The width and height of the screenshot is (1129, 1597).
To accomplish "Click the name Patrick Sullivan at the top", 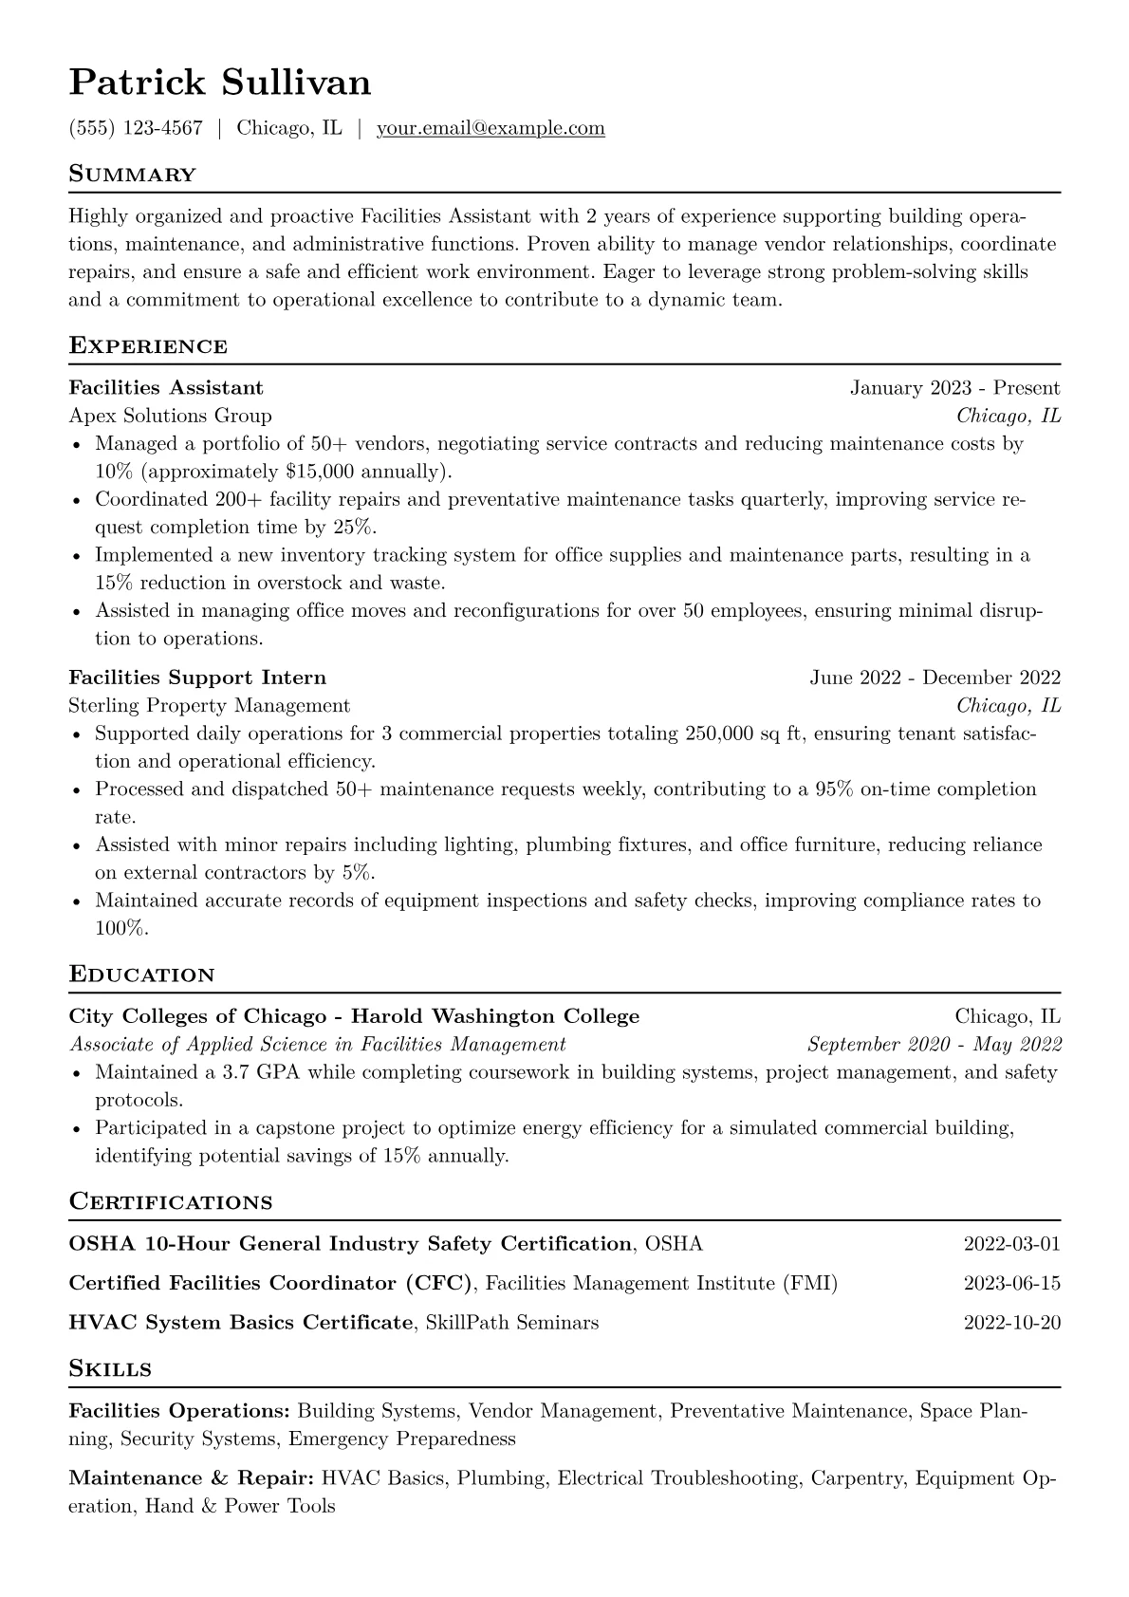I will tap(220, 84).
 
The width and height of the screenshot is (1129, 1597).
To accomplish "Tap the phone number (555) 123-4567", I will tap(136, 128).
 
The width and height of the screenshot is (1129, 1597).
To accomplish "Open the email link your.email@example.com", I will tap(490, 128).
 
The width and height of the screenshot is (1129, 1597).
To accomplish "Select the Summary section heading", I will tap(132, 175).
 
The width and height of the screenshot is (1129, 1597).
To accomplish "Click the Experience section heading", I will tap(148, 345).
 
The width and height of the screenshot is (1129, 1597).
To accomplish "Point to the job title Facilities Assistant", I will tap(166, 388).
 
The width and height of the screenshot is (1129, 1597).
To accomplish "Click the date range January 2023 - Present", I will tap(954, 388).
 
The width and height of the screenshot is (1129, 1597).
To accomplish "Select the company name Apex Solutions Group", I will tap(170, 416).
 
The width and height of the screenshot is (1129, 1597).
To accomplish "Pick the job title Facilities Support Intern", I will tap(197, 678).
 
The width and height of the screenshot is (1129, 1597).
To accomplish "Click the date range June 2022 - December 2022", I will tap(935, 678).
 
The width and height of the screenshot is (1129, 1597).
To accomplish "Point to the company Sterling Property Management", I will tap(209, 706).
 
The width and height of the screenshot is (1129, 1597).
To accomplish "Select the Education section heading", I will tap(141, 975).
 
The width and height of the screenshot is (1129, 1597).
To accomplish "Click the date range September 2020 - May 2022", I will tap(934, 1045).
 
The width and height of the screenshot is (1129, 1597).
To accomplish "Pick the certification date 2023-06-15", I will tap(1011, 1284).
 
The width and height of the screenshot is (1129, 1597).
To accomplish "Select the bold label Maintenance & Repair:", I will tap(192, 1478).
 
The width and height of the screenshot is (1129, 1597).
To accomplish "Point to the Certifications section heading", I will tap(171, 1202).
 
